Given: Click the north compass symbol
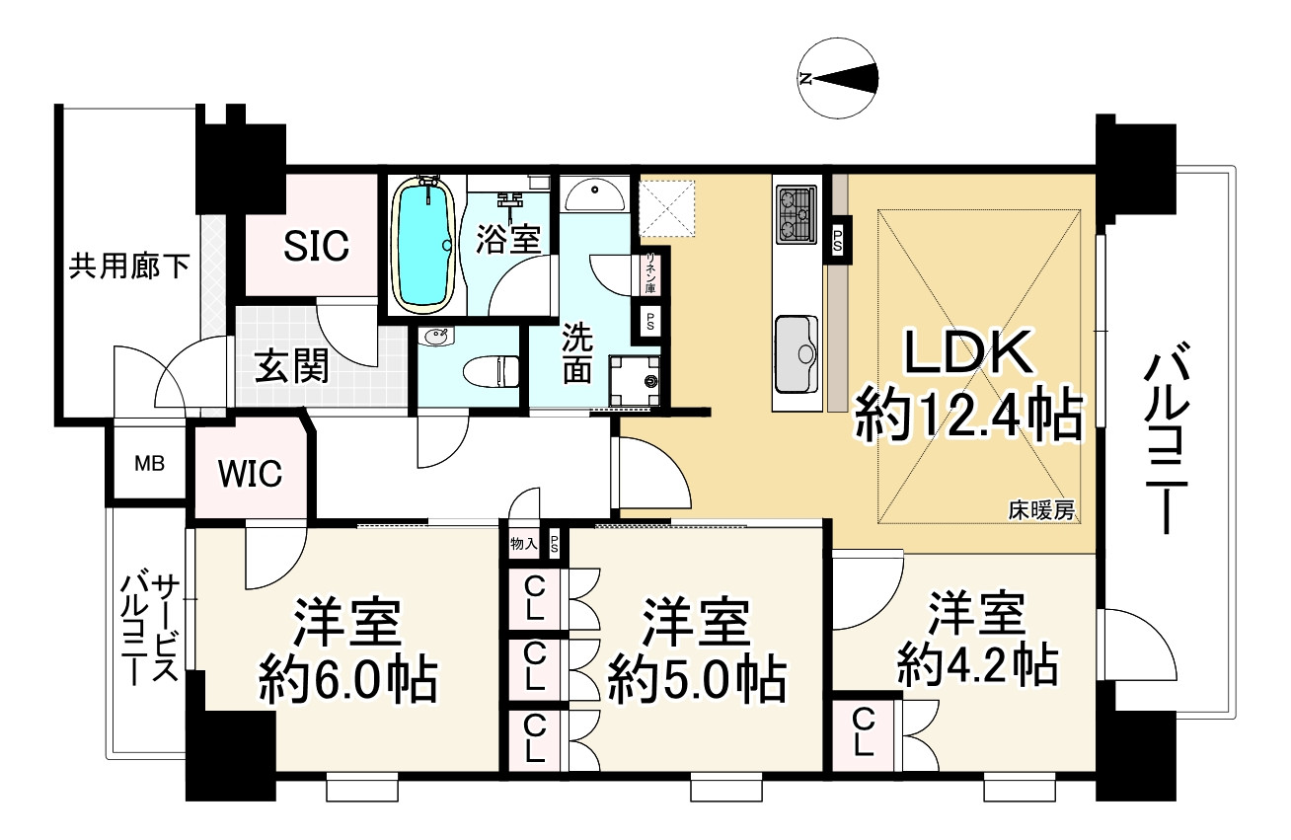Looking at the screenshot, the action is (839, 78).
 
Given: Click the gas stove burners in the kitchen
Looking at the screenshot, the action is (797, 214).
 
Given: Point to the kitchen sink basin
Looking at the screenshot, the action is (797, 353).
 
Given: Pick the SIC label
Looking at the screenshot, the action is (317, 246).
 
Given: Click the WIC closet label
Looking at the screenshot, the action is (250, 474).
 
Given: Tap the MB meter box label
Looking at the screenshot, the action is (149, 464).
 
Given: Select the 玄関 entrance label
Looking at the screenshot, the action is (291, 365).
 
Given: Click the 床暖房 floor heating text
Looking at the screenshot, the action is (1041, 510).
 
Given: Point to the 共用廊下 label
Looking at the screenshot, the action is (129, 267).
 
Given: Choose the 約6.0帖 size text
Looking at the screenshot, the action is (347, 682).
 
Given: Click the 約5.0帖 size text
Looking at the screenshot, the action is (698, 682).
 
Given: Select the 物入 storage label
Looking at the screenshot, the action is (524, 543).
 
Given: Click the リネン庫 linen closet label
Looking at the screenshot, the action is (650, 273).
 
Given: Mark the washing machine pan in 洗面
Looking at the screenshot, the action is (634, 380).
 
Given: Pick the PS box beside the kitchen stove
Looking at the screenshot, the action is (837, 241).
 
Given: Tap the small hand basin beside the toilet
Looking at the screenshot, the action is (436, 337).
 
